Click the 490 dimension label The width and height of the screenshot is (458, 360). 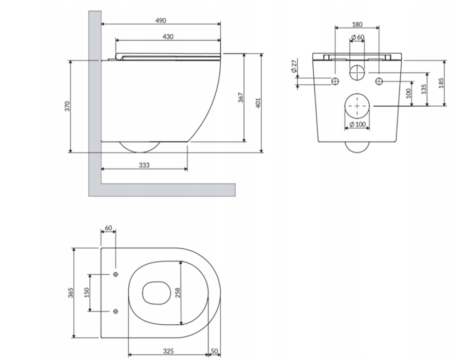(x=160, y=20)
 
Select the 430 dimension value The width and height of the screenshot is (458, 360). (x=168, y=37)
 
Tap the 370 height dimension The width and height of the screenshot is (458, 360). (x=67, y=107)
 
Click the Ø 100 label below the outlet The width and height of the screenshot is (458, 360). (x=357, y=125)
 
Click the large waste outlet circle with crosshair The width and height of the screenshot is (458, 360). (x=357, y=106)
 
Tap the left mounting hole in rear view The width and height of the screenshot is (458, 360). (x=335, y=82)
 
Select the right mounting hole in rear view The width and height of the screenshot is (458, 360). (x=379, y=82)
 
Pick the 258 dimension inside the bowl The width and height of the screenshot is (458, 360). (x=177, y=292)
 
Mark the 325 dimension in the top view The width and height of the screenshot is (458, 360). (x=168, y=351)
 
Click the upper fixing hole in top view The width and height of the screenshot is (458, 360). (x=115, y=274)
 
